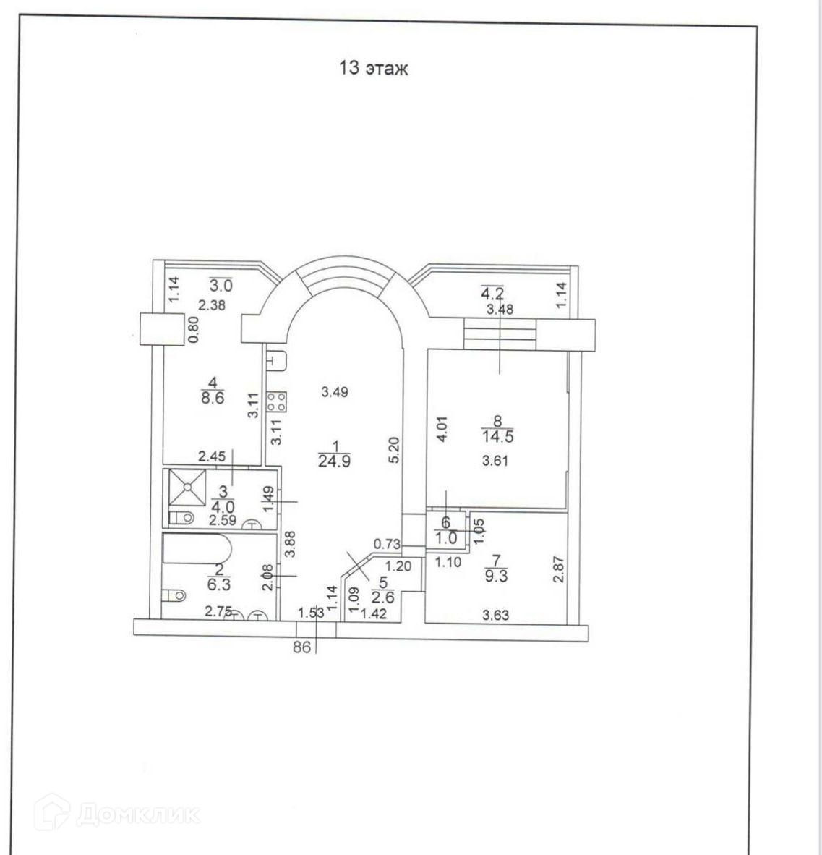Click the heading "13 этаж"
click(373, 69)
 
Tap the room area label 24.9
click(335, 461)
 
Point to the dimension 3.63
click(495, 616)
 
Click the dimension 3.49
click(335, 393)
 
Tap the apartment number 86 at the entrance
click(301, 648)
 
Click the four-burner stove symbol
click(277, 401)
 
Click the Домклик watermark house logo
click(56, 814)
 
